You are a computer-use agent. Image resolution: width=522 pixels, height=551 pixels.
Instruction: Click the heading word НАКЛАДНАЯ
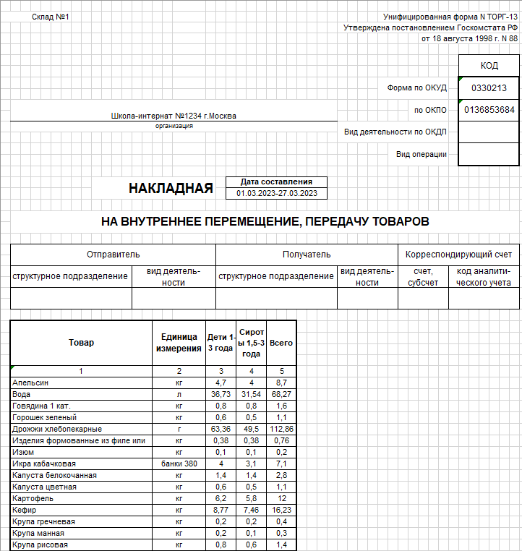[171, 189]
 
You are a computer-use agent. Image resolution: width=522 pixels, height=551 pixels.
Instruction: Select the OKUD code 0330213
[489, 88]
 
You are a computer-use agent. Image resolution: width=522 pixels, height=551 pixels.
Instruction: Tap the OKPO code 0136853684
[489, 111]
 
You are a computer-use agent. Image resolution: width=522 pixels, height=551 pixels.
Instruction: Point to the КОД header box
[489, 66]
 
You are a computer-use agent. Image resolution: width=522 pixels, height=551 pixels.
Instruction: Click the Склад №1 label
[50, 17]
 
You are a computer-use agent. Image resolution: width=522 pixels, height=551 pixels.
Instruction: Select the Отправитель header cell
[113, 255]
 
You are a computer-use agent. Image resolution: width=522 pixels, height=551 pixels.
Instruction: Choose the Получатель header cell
[307, 255]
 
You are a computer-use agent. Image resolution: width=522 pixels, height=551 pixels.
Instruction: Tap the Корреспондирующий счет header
[458, 255]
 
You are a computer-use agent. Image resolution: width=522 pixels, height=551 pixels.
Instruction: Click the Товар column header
[81, 343]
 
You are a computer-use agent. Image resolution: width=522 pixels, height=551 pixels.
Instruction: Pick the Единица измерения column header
[179, 343]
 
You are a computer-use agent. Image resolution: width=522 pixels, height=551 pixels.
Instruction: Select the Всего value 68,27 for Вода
[281, 394]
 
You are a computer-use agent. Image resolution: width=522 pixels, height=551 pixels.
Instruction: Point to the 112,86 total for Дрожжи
[281, 429]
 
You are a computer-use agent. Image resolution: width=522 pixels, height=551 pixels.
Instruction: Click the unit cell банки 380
[179, 464]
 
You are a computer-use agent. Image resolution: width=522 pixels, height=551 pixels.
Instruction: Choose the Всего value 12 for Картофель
[281, 498]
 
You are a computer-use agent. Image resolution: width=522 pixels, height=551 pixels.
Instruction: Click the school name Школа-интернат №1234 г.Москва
[173, 116]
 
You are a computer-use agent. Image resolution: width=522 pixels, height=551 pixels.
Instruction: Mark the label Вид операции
[421, 154]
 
